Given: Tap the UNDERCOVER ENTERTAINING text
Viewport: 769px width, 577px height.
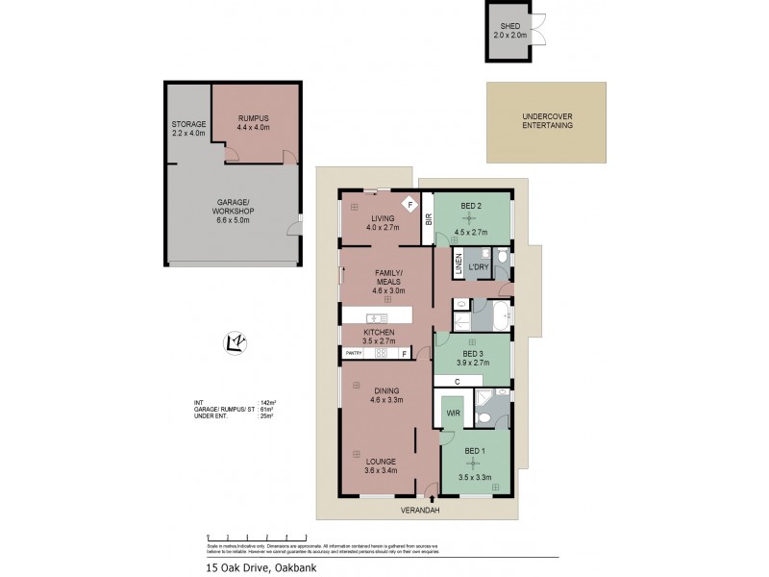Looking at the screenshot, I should coord(546,121).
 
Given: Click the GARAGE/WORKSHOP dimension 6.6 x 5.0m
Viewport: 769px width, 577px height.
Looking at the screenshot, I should coord(234,220).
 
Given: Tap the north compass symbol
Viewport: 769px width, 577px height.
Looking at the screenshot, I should coord(232,340).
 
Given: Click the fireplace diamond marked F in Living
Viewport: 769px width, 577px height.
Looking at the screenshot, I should coord(409,204).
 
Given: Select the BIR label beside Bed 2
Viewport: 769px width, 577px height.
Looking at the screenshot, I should coord(429,219).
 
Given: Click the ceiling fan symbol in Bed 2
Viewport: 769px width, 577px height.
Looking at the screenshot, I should coord(471,218).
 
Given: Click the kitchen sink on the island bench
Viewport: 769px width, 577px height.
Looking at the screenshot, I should coord(376,317).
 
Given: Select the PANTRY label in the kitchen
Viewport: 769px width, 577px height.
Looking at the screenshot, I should coord(354,353).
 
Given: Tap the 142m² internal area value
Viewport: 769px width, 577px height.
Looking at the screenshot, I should coord(267,402).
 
